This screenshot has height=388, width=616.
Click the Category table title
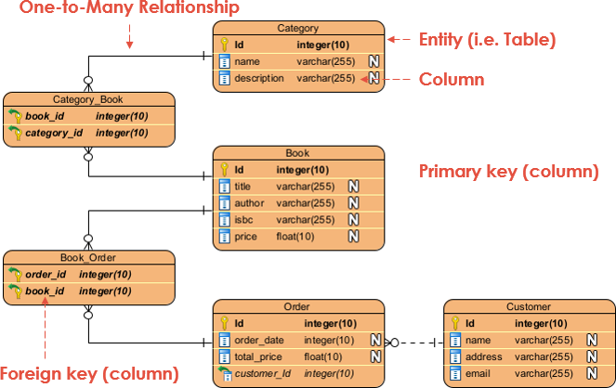click(297, 29)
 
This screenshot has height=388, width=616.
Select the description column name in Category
click(259, 79)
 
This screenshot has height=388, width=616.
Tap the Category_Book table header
click(88, 99)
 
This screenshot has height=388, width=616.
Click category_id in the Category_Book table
click(54, 133)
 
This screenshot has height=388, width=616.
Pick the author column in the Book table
click(249, 203)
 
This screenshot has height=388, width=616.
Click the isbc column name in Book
click(245, 220)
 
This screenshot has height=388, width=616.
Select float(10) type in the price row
click(295, 237)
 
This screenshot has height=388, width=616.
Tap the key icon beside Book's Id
click(224, 170)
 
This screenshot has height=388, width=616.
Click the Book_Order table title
click(88, 257)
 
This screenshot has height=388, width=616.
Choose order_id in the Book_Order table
click(45, 274)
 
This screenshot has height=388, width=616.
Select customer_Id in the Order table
click(262, 373)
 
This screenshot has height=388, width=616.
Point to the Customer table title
click(528, 306)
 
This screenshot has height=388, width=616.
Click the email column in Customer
click(478, 373)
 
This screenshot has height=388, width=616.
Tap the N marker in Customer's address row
click(590, 357)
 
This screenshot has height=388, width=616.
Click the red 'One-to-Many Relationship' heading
click(119, 8)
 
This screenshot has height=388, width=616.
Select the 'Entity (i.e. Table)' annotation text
click(487, 39)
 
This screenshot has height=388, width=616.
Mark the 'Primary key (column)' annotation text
click(508, 171)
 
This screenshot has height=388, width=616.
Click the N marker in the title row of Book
click(353, 187)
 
